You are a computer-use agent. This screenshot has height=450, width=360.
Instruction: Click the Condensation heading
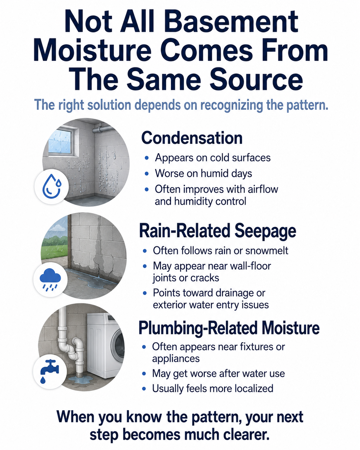click(192, 138)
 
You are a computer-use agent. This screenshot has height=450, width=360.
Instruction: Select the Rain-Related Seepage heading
click(218, 231)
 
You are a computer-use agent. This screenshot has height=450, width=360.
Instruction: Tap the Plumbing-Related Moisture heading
click(229, 328)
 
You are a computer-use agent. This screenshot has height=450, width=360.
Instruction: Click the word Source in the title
click(256, 80)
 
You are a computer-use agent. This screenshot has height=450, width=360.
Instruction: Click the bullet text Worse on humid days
click(203, 173)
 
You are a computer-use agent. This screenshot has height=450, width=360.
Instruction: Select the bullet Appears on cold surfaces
click(213, 158)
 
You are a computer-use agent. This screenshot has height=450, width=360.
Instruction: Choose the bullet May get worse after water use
click(218, 373)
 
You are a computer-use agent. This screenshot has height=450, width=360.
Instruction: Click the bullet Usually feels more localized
click(213, 388)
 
